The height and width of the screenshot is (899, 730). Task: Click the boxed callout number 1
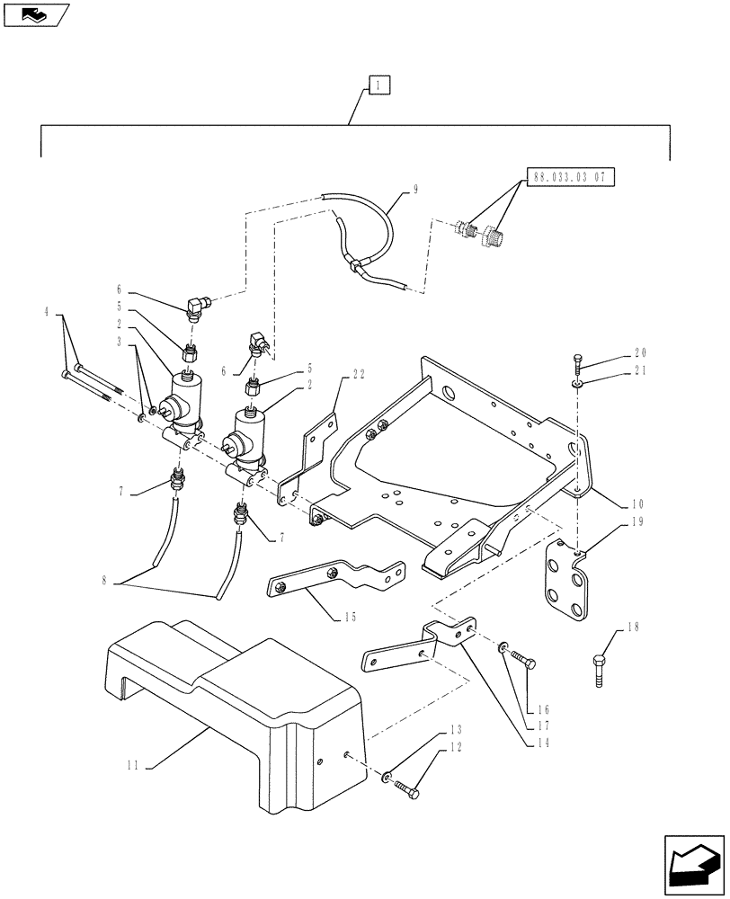pyautogui.click(x=379, y=86)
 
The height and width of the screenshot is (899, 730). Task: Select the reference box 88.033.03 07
pyautogui.click(x=571, y=177)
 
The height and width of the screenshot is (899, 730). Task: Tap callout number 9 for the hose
pyautogui.click(x=415, y=189)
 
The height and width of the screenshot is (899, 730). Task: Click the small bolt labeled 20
pyautogui.click(x=577, y=366)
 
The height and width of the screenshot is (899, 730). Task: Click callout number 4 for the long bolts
pyautogui.click(x=47, y=313)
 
